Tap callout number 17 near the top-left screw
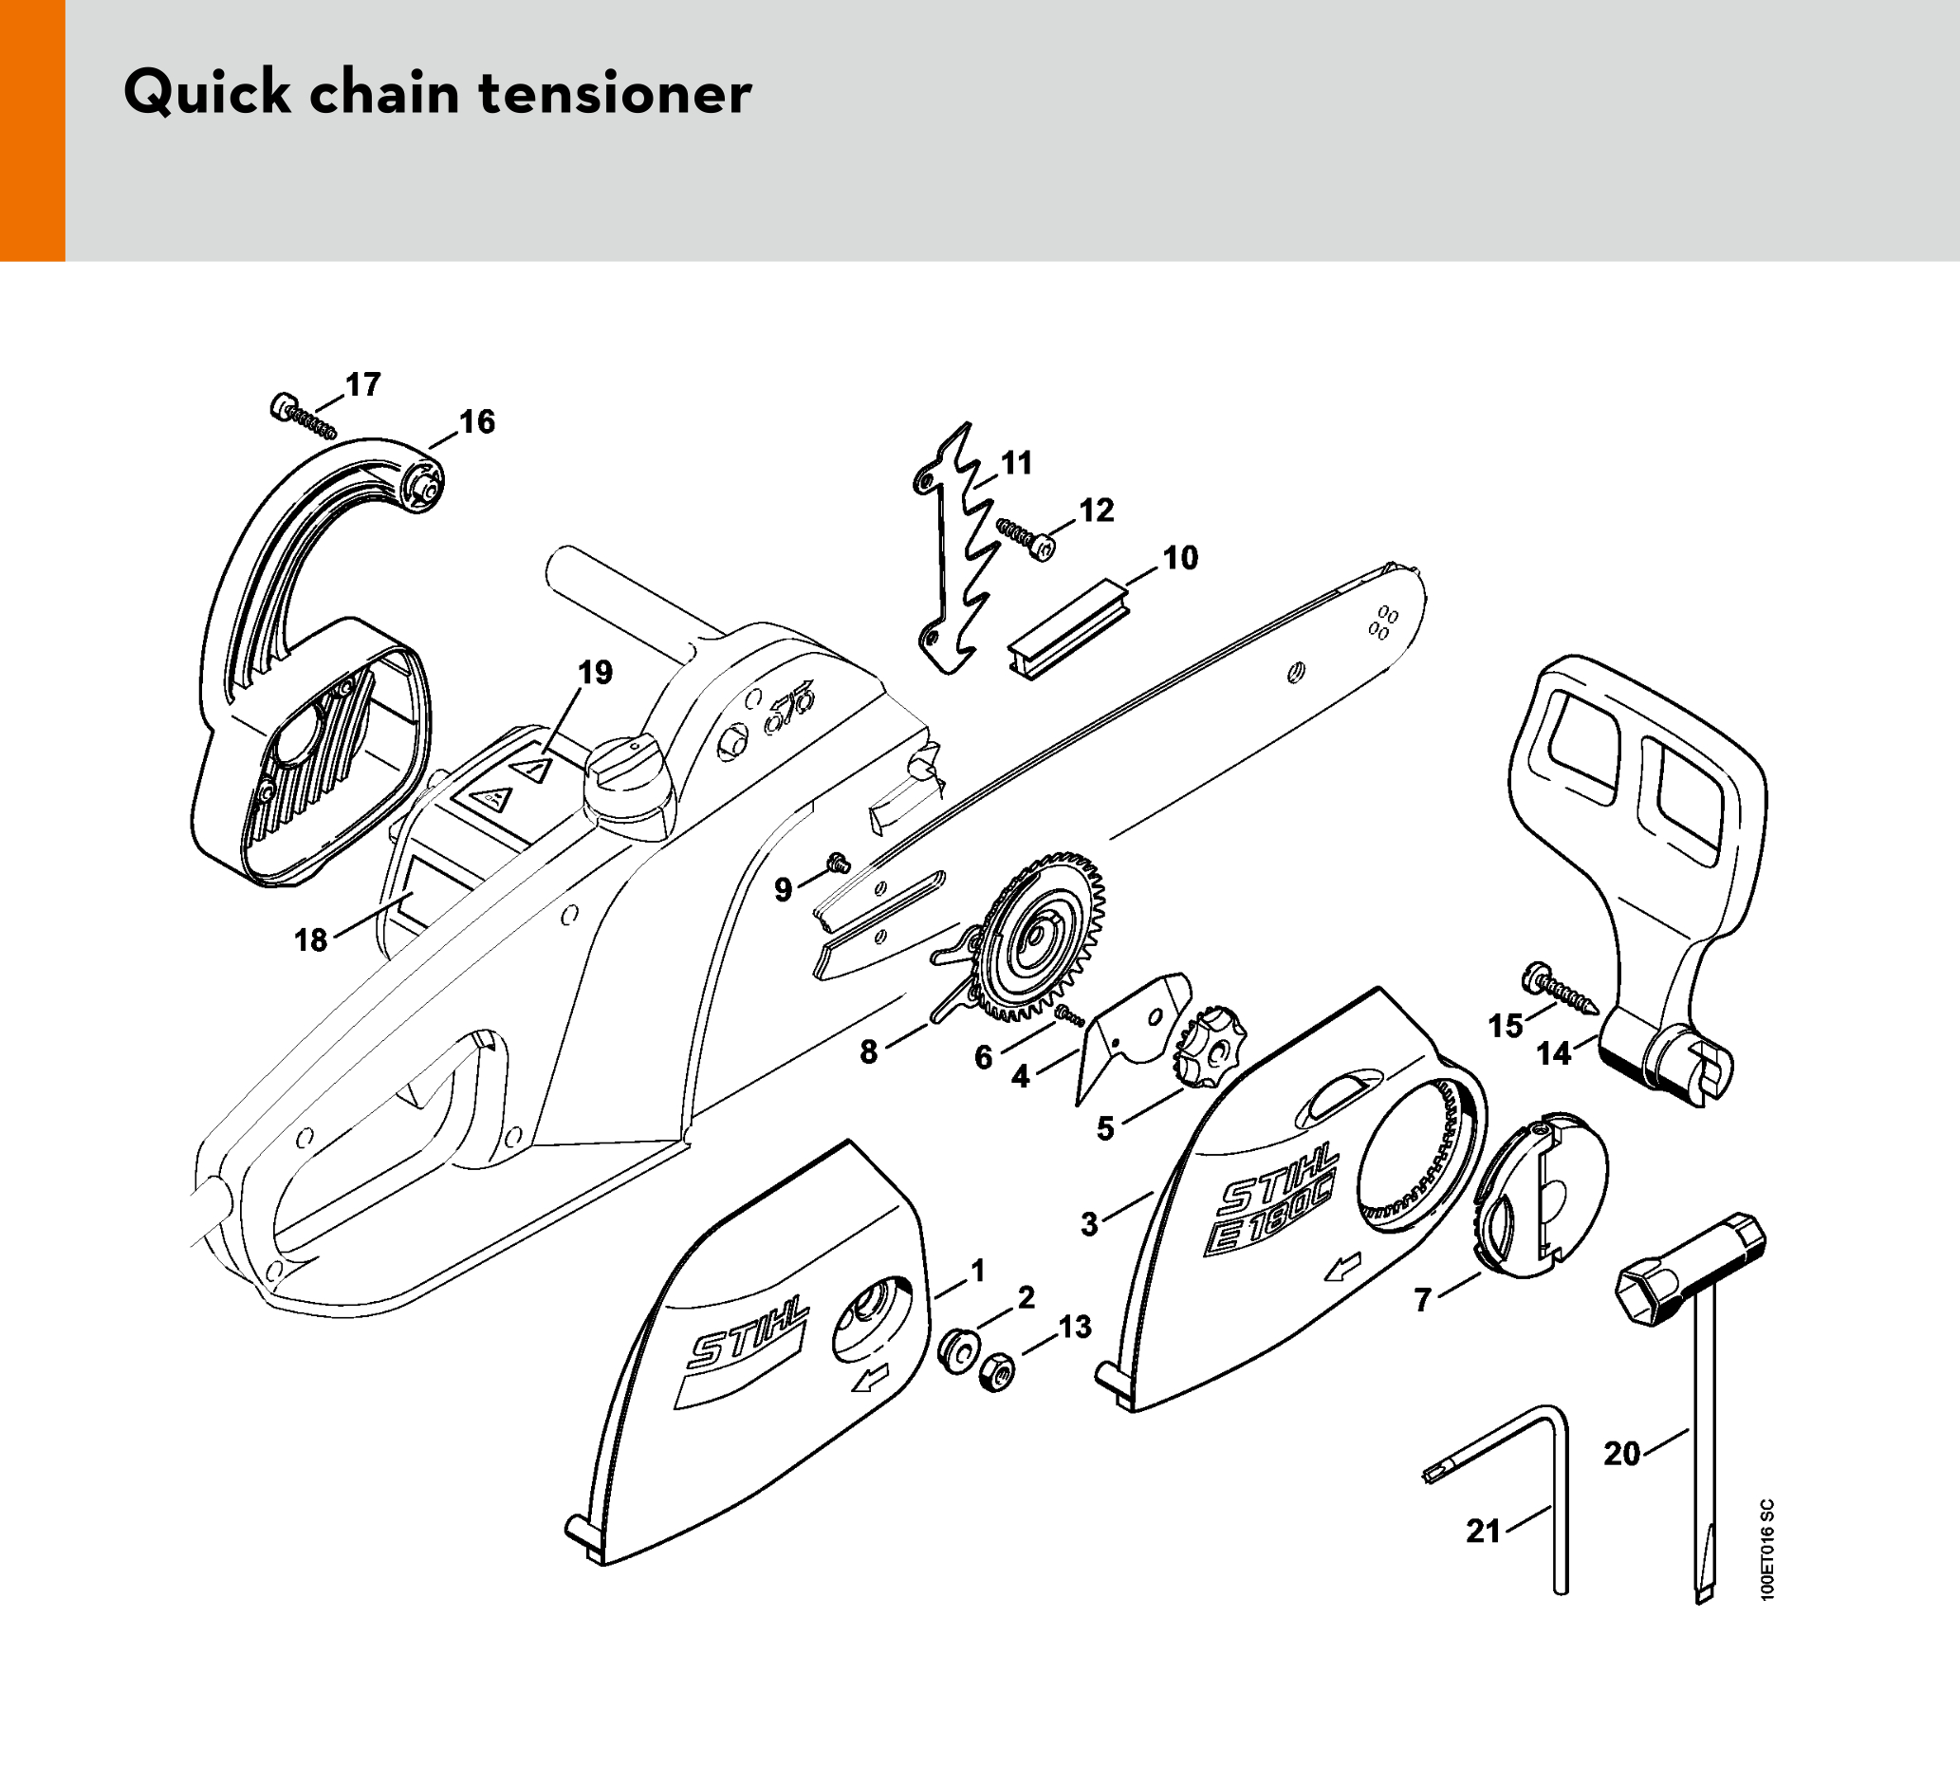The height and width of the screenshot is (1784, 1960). click(362, 385)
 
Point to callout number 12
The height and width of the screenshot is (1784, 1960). click(1097, 511)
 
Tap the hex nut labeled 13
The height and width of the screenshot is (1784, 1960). click(996, 1372)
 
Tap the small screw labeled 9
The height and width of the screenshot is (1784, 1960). click(837, 863)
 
